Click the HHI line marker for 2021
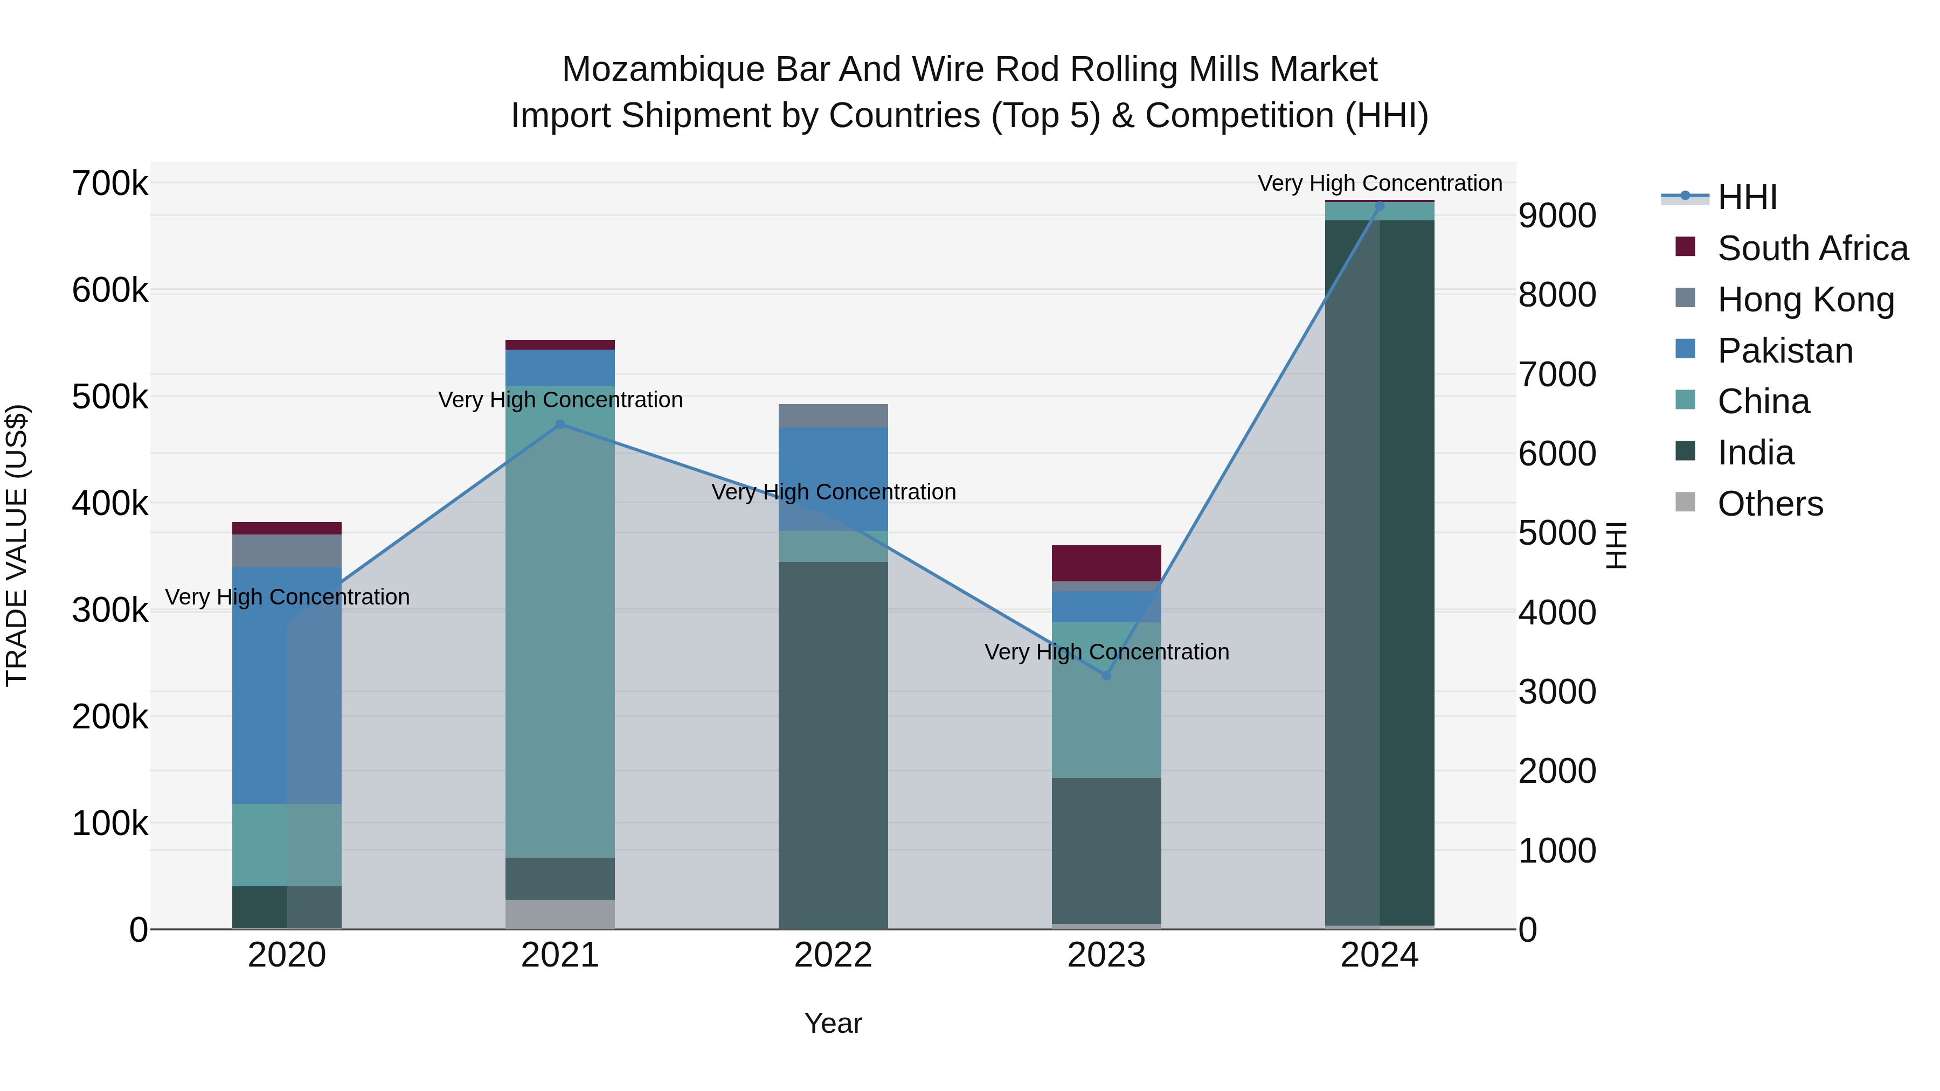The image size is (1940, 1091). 559,425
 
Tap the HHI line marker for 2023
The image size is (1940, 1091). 1106,676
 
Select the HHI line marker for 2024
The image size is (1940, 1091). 1380,206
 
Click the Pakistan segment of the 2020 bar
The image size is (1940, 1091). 287,685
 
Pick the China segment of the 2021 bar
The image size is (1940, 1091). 559,622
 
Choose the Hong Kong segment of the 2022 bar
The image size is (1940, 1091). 833,415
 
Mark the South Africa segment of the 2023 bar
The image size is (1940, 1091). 1106,563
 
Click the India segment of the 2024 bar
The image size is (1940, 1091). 1380,572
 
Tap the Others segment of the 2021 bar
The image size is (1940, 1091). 559,914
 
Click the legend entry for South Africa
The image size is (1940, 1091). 1813,248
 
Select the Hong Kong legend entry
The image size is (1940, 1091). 1805,300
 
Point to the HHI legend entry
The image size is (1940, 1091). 1747,197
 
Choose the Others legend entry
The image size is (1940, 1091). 1770,504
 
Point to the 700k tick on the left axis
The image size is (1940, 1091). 110,184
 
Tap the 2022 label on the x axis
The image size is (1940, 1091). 833,955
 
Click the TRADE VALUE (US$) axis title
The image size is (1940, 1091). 17,545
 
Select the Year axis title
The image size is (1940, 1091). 833,1023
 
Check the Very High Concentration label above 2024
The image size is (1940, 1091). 1380,183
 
